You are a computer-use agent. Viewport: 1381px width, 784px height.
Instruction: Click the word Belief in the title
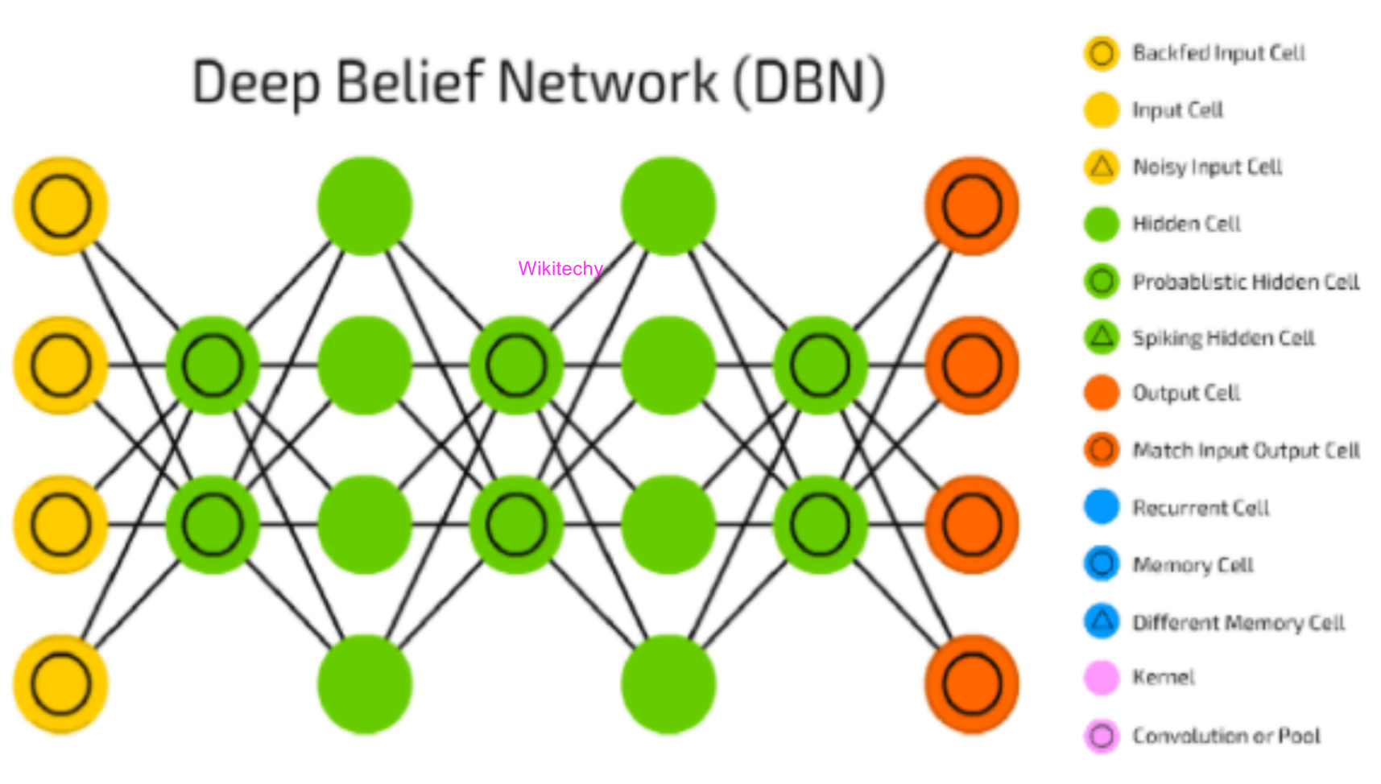point(410,82)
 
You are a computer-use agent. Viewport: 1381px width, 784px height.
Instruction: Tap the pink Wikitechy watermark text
point(560,268)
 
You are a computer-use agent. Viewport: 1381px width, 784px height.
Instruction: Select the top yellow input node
point(60,206)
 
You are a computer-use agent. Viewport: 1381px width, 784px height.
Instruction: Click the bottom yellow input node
point(60,684)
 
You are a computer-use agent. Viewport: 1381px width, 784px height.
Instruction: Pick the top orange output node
point(972,206)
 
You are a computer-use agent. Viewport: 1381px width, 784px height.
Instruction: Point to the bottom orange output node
point(972,684)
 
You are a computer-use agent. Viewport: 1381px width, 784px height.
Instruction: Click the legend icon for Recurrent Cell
point(1102,507)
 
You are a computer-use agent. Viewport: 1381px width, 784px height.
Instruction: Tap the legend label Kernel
point(1163,678)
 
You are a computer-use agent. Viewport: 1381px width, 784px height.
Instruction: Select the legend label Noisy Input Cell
point(1207,167)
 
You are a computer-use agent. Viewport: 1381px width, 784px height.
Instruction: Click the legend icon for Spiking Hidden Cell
point(1102,336)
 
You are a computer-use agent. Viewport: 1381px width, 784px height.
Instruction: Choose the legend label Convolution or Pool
point(1226,736)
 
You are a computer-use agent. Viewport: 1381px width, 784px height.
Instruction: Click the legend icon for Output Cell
point(1102,393)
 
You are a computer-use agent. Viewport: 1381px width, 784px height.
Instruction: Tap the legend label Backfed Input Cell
point(1218,53)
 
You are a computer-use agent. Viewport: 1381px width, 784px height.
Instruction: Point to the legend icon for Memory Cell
point(1102,563)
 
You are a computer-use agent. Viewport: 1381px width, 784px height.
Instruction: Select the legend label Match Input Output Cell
point(1246,450)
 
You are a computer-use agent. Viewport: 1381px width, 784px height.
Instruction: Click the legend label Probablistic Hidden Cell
point(1246,281)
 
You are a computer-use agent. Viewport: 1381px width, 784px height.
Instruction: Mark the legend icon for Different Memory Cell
point(1102,621)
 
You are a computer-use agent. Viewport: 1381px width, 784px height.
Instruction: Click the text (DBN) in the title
point(808,82)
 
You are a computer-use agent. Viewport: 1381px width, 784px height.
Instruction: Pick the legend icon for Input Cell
point(1102,110)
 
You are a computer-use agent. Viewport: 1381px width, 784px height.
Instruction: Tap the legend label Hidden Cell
point(1186,224)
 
